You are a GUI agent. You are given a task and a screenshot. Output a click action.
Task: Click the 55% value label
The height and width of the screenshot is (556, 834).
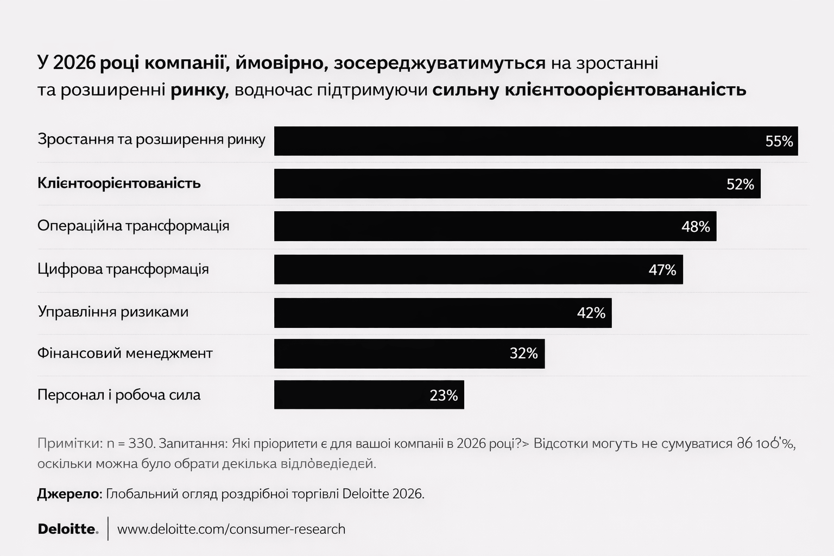tap(779, 142)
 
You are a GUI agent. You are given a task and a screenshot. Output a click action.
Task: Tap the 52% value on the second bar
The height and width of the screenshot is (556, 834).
tap(740, 185)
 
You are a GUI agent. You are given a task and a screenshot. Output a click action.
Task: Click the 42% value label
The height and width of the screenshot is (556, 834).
tap(591, 313)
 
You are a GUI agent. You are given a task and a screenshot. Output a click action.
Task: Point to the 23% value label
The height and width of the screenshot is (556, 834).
tap(444, 396)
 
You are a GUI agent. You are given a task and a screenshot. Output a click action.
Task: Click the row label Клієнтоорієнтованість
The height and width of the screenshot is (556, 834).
tap(119, 184)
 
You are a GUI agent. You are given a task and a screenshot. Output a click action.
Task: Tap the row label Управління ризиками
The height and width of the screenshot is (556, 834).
tap(113, 312)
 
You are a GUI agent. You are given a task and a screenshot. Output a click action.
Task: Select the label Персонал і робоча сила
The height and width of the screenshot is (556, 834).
tap(119, 395)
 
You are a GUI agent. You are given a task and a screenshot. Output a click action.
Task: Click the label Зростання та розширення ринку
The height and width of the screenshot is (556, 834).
tap(151, 140)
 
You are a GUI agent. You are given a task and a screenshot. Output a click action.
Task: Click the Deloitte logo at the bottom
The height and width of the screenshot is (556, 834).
tap(68, 529)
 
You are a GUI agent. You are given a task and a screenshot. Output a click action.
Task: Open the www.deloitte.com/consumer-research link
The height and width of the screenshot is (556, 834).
tap(231, 529)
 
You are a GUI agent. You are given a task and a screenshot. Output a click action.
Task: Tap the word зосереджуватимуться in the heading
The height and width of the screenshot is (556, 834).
tap(439, 63)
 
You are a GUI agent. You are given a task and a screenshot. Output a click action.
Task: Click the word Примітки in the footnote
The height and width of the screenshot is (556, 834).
tap(69, 443)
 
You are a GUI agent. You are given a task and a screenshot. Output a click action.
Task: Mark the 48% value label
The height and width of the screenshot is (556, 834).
tap(696, 227)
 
